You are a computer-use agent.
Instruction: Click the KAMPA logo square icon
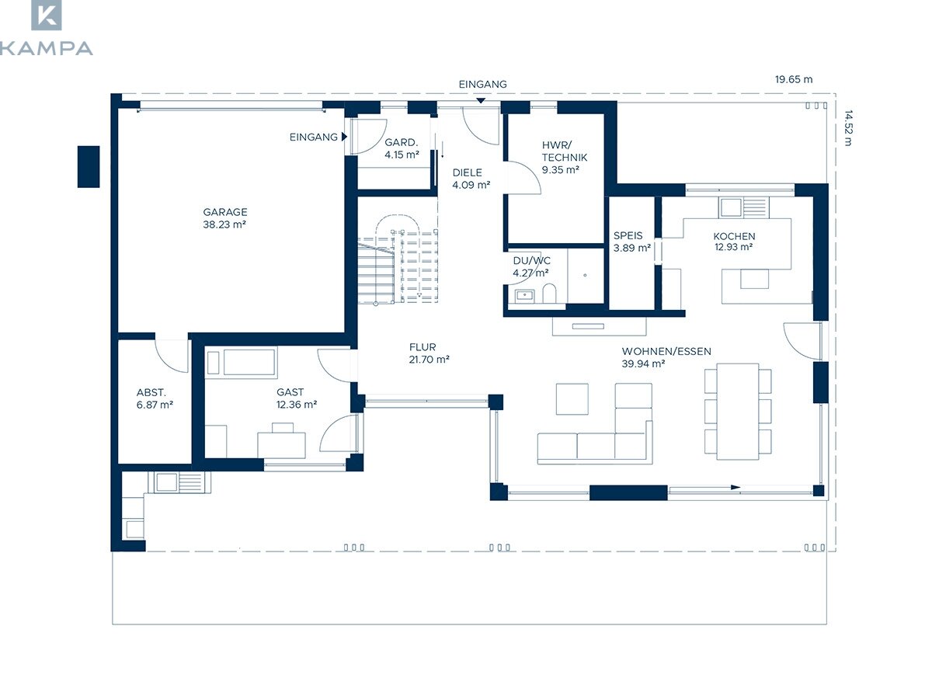[x=47, y=15]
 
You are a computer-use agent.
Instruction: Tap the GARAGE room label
[x=225, y=212]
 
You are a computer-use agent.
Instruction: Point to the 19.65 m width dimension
[x=794, y=79]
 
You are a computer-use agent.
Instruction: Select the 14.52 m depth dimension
[x=848, y=127]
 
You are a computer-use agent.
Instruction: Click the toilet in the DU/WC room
[x=549, y=294]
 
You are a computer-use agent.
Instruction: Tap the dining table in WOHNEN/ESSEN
[x=738, y=412]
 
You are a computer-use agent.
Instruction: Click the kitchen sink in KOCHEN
[x=730, y=207]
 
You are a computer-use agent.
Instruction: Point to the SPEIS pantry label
[x=628, y=235]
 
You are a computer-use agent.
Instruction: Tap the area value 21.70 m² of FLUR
[x=429, y=360]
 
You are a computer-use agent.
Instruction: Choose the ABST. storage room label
[x=151, y=392]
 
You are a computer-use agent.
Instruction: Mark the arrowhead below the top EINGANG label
[x=480, y=101]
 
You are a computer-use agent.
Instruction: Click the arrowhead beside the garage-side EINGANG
[x=344, y=137]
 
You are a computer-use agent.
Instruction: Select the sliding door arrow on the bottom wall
[x=704, y=488]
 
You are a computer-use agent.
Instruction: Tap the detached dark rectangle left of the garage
[x=89, y=167]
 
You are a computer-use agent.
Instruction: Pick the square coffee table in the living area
[x=572, y=399]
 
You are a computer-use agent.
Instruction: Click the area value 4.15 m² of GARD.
[x=402, y=155]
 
